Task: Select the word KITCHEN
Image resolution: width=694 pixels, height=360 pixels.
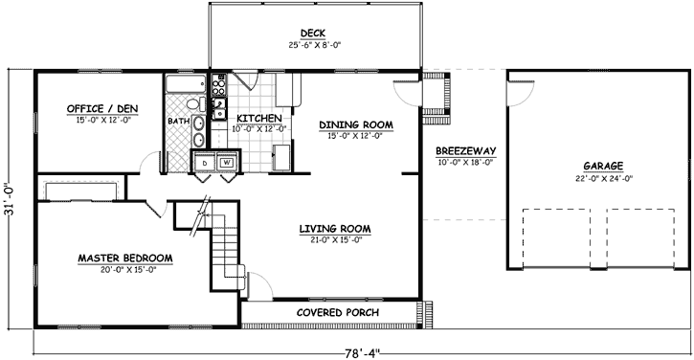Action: click(246, 118)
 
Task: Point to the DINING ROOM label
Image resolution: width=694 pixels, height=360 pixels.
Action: click(356, 124)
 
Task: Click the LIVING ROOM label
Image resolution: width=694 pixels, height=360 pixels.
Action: click(334, 228)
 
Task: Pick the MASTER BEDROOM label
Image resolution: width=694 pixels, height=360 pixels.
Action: click(125, 258)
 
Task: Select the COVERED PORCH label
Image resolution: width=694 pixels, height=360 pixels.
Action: click(337, 313)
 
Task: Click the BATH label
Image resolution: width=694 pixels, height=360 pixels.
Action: click(178, 122)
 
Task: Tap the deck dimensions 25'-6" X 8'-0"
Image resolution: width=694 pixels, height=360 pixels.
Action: click(314, 44)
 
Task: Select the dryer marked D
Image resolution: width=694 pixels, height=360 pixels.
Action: click(204, 162)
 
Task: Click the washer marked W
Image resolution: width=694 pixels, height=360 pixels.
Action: click(227, 162)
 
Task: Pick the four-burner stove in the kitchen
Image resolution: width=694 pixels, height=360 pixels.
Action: click(218, 93)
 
